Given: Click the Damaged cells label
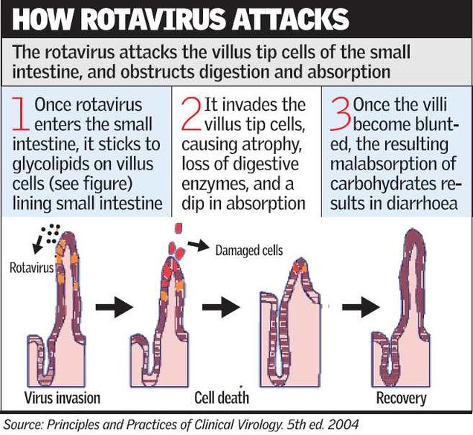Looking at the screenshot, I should click(x=248, y=251).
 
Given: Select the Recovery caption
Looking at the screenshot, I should click(x=401, y=398).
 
